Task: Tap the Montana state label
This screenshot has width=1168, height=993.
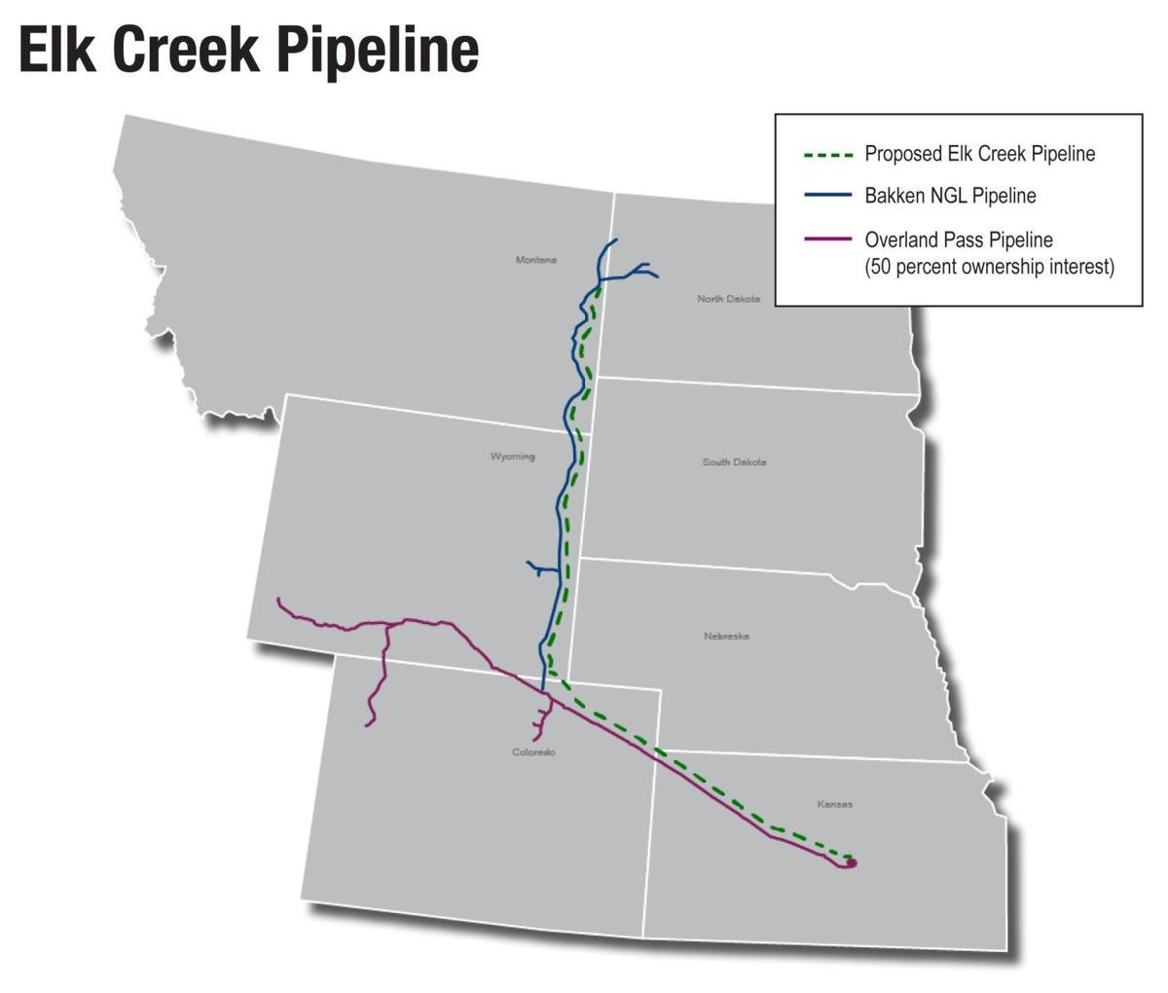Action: click(x=536, y=260)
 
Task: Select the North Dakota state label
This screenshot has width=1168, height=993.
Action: click(x=728, y=299)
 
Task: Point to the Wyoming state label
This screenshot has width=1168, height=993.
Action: click(x=512, y=457)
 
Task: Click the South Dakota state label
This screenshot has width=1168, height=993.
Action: click(x=734, y=461)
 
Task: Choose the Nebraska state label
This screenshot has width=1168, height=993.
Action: click(x=726, y=636)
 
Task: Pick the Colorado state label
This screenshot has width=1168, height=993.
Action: click(x=533, y=753)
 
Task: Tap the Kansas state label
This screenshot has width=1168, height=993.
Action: click(x=835, y=804)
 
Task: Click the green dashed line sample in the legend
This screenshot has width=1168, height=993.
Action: click(x=828, y=155)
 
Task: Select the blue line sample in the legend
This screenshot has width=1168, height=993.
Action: click(x=828, y=196)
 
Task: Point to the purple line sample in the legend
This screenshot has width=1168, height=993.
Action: click(x=828, y=239)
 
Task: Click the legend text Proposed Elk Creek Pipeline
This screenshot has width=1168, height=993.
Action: click(x=979, y=155)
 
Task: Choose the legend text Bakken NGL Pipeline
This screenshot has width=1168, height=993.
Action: click(x=950, y=196)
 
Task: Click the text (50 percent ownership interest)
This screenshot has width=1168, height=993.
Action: click(x=989, y=267)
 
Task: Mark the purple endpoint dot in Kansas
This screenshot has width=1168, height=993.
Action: click(x=852, y=862)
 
